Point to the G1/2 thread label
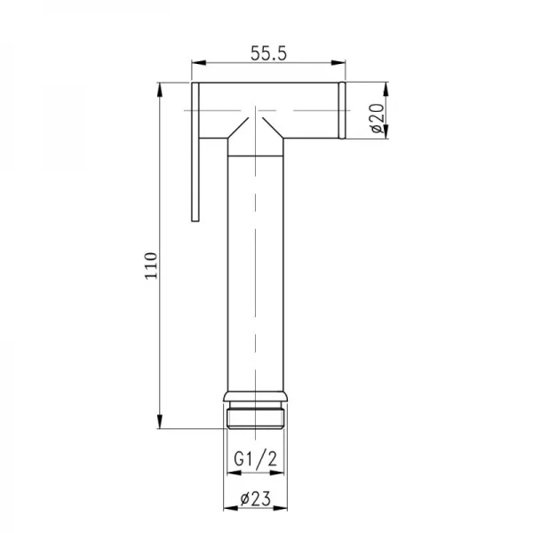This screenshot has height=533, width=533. (x=254, y=460)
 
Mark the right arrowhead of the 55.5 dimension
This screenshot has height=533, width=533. (x=341, y=64)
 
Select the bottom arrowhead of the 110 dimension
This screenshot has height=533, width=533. (x=160, y=425)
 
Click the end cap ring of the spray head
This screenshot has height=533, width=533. (x=342, y=111)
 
